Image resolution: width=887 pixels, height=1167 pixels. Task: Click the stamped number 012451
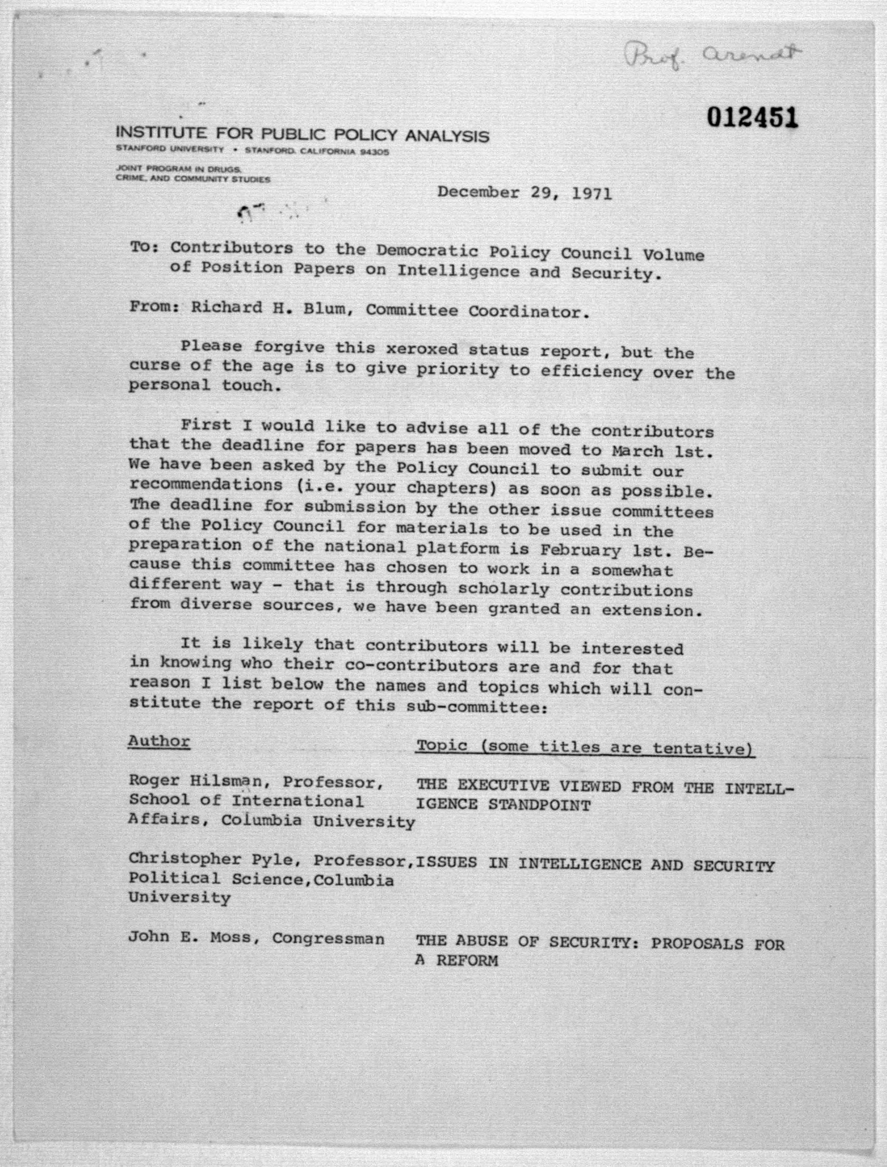pyautogui.click(x=752, y=118)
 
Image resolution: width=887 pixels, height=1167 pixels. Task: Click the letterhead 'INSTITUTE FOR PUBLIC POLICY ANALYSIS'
pyautogui.click(x=302, y=135)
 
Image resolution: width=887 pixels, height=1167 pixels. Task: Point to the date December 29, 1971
pyautogui.click(x=524, y=193)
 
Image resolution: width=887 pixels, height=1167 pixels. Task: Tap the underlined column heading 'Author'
pyautogui.click(x=158, y=741)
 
